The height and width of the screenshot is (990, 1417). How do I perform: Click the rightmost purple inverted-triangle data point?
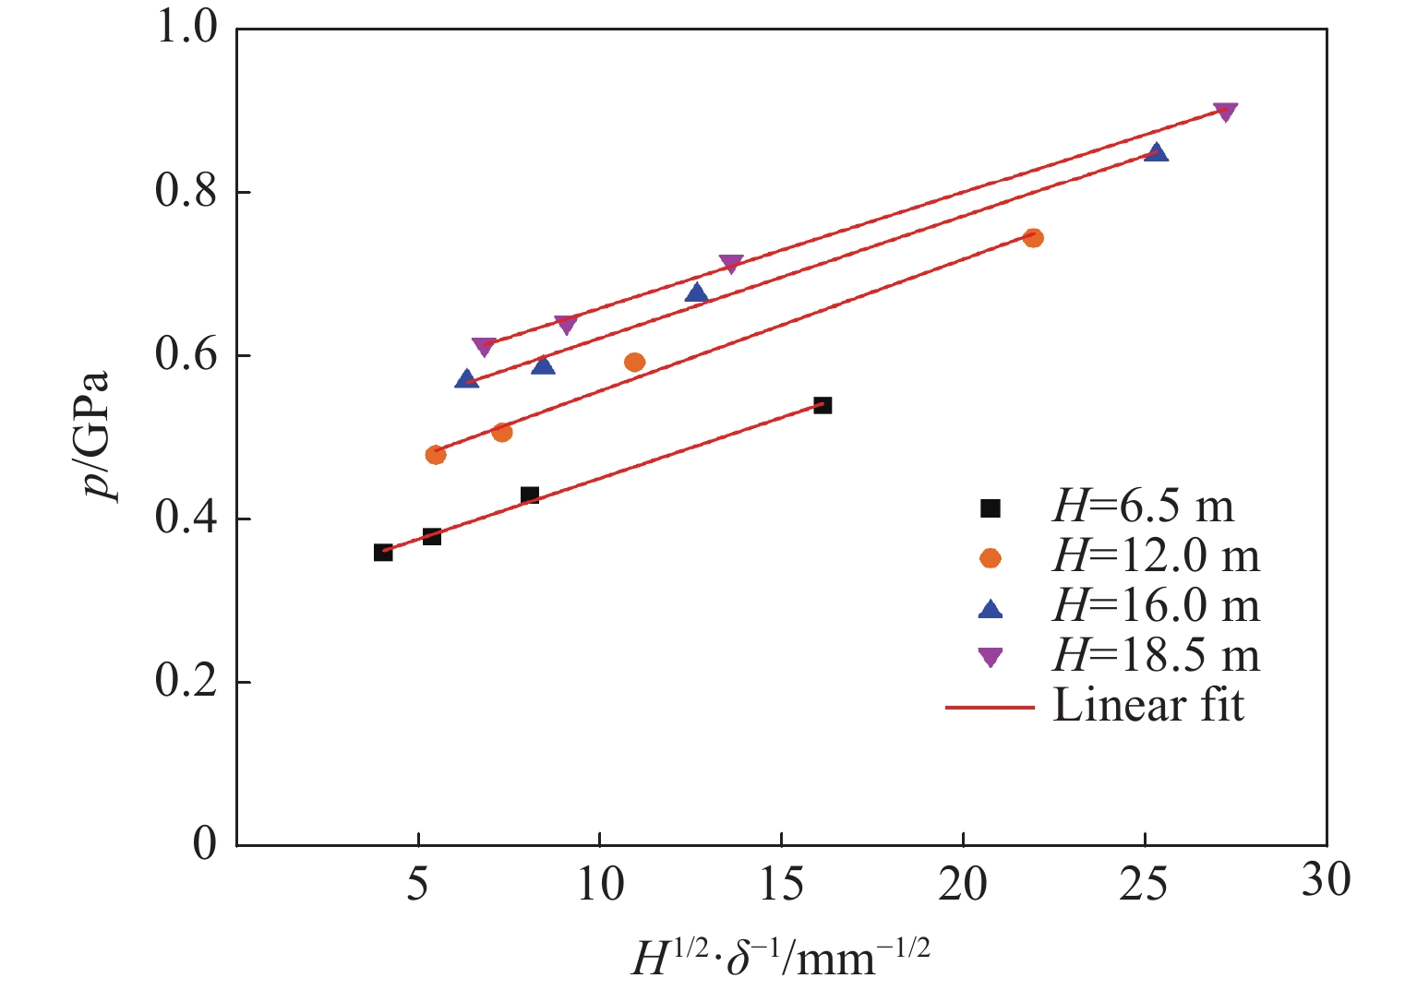pos(1225,112)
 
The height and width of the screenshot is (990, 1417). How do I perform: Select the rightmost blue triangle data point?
pos(1156,152)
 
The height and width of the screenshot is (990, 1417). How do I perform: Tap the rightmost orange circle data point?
pos(1033,238)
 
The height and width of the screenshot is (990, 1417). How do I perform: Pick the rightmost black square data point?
pos(823,405)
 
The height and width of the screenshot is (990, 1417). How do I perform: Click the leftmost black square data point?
pos(383,552)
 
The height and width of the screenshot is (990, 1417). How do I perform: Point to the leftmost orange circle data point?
pos(436,454)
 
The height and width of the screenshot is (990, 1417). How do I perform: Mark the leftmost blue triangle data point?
pos(467,379)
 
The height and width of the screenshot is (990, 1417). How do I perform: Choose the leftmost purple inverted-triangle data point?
pos(484,346)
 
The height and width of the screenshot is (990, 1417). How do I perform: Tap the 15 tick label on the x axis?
pos(781,884)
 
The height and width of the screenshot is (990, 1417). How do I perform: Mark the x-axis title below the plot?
pos(781,957)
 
